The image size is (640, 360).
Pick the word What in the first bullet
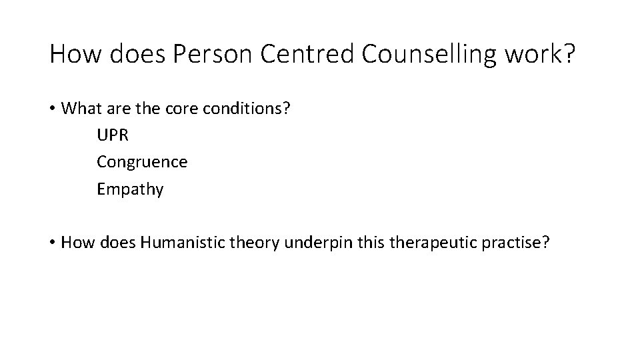pos(80,109)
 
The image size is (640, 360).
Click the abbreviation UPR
pos(113,135)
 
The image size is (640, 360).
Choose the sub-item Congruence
pos(142,162)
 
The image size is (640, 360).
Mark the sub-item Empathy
pos(130,189)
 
